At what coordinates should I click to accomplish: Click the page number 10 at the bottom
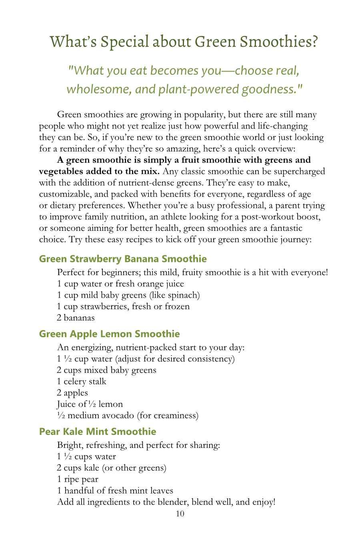click(x=180, y=514)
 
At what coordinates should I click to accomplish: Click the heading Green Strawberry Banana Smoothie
click(x=123, y=259)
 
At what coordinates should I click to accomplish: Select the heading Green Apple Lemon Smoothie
click(x=109, y=334)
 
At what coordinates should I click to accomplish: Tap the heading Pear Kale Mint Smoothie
click(x=98, y=432)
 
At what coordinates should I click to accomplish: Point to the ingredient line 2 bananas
click(x=76, y=318)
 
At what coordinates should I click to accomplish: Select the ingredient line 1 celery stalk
click(x=82, y=381)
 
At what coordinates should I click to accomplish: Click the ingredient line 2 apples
click(x=72, y=393)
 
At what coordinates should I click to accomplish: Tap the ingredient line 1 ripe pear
click(x=78, y=479)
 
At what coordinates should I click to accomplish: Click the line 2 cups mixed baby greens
click(x=106, y=370)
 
